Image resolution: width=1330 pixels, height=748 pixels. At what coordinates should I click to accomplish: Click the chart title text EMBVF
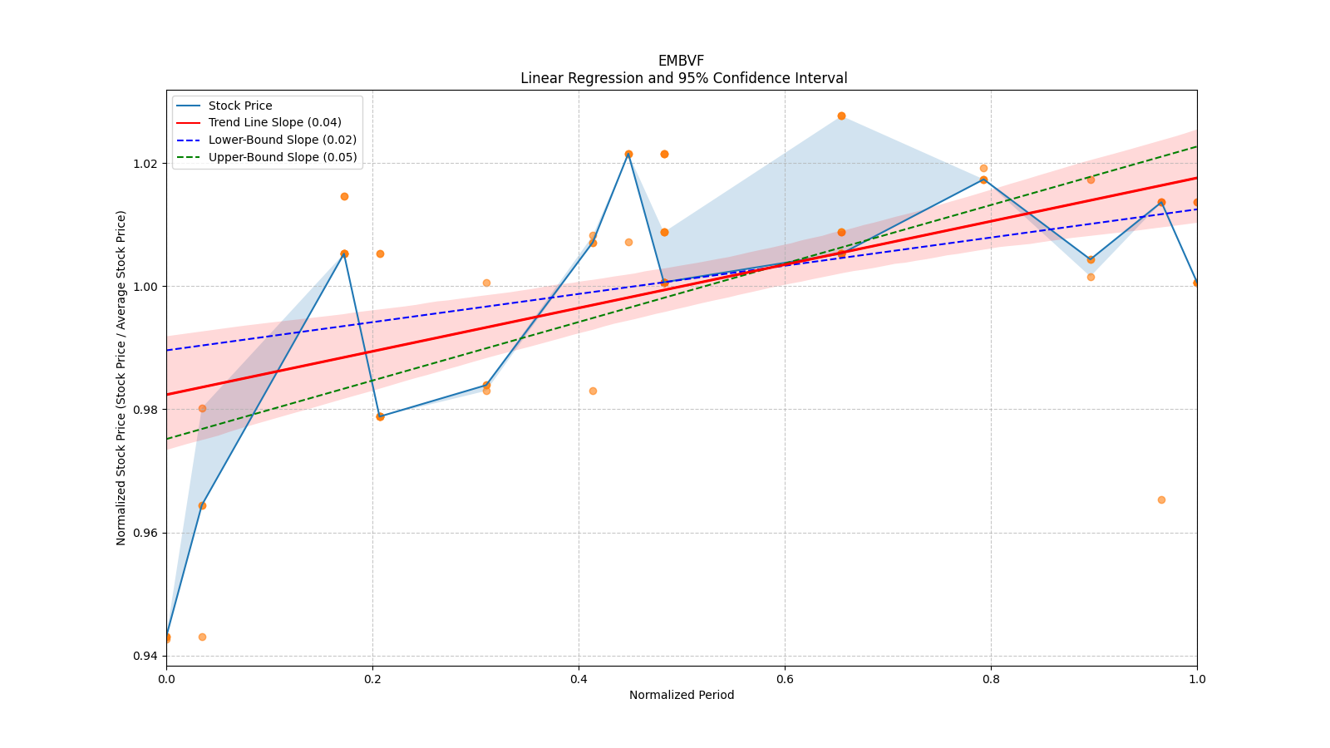tap(681, 61)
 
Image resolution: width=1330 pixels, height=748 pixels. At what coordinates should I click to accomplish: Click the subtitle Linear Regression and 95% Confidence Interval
tap(683, 78)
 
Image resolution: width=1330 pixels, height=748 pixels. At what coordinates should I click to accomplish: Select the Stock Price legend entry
tap(240, 106)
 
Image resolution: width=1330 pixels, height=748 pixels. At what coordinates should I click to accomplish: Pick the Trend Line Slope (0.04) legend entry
tap(274, 122)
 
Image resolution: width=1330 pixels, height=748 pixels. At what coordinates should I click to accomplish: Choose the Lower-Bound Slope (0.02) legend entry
tap(282, 140)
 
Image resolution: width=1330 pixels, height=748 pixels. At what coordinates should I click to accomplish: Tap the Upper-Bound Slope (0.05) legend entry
tap(283, 157)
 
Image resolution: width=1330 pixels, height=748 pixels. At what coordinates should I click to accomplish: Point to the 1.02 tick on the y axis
tap(145, 164)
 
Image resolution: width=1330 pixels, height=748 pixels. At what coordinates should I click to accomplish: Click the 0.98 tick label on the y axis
tap(145, 410)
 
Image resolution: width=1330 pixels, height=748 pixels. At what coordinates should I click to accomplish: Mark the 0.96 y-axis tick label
tap(145, 533)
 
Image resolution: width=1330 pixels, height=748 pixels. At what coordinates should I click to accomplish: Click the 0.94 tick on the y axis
tap(145, 657)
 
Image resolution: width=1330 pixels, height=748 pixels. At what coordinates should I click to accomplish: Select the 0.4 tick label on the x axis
tap(579, 679)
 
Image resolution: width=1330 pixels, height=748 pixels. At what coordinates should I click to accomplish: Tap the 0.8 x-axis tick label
tap(991, 679)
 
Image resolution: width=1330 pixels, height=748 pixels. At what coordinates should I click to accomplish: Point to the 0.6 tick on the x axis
tap(785, 679)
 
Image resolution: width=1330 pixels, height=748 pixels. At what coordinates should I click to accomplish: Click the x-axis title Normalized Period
tap(682, 695)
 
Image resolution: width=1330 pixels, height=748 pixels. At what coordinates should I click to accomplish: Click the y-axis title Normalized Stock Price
tap(121, 377)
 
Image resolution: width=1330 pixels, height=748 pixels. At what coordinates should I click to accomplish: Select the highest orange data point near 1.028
tap(841, 116)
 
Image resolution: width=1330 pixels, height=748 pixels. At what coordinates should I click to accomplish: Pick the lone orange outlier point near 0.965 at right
tap(1161, 499)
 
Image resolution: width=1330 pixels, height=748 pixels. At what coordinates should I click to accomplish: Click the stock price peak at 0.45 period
tap(628, 154)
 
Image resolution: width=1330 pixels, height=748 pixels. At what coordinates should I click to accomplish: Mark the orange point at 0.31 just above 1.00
tap(486, 283)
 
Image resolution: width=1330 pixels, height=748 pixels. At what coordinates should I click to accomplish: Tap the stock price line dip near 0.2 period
tap(380, 416)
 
